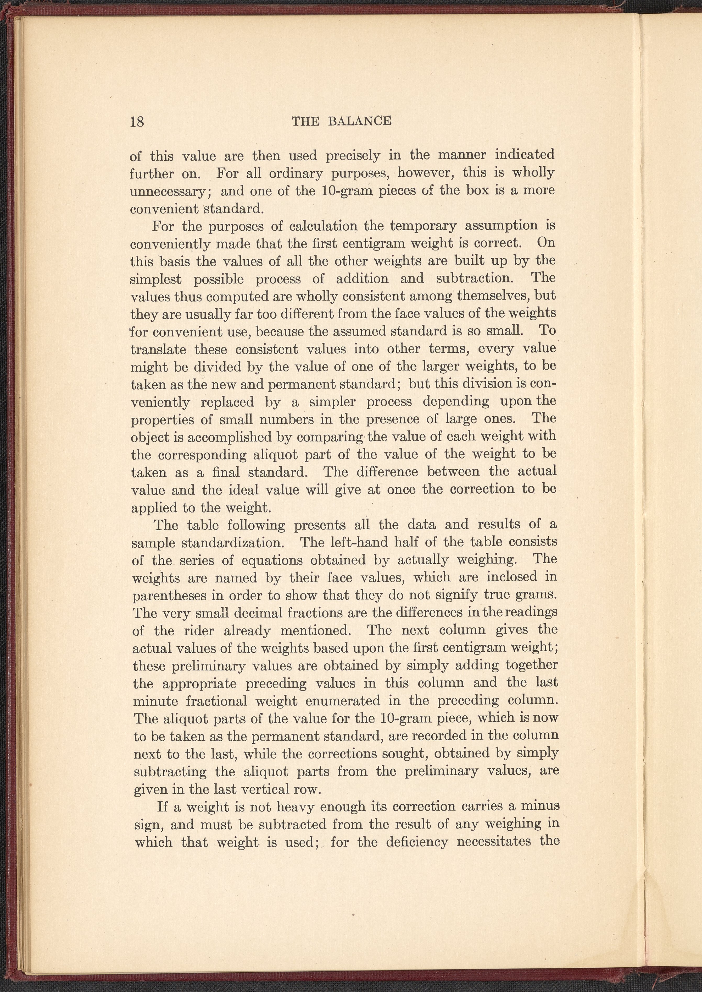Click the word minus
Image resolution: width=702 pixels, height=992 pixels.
(539, 807)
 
